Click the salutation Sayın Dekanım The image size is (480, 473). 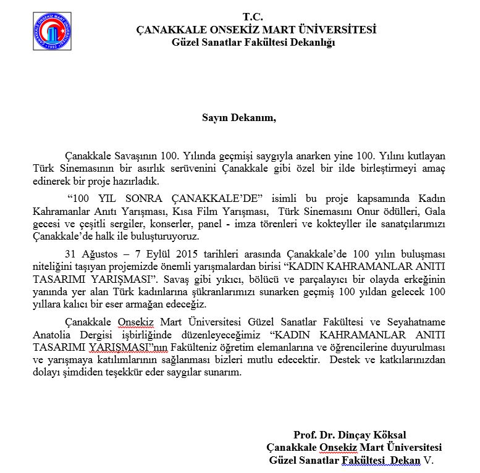239,117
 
